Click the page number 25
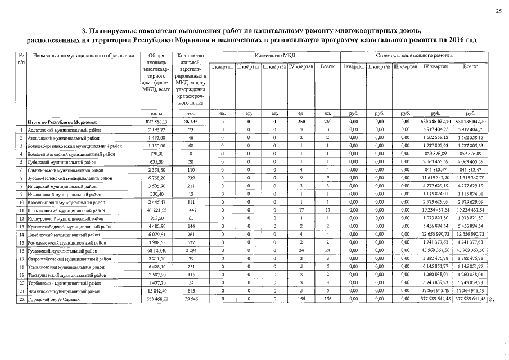tap(498, 11)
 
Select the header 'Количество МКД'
tap(274, 56)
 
